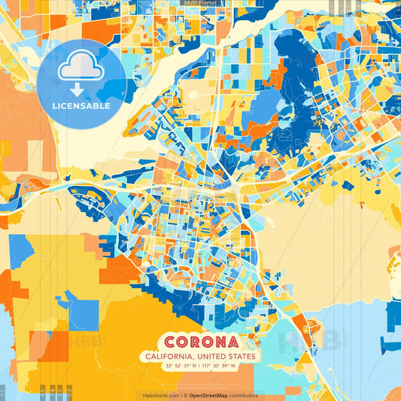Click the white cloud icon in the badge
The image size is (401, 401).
[x=81, y=70]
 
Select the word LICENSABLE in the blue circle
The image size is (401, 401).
[x=81, y=106]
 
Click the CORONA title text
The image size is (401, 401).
[x=200, y=342]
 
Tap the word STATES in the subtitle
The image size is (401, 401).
[x=242, y=357]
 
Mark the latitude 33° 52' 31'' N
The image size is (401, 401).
[x=178, y=366]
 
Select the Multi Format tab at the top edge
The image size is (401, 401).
[x=200, y=3]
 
